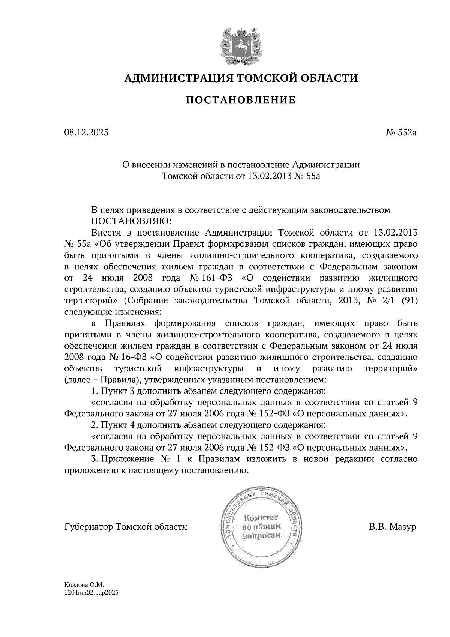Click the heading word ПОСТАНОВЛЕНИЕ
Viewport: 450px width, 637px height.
pos(240,100)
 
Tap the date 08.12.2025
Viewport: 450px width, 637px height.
pos(86,132)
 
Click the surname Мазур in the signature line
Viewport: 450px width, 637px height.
pos(402,527)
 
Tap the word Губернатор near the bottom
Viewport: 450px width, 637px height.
pos(88,527)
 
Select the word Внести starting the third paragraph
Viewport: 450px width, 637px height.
pos(106,232)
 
